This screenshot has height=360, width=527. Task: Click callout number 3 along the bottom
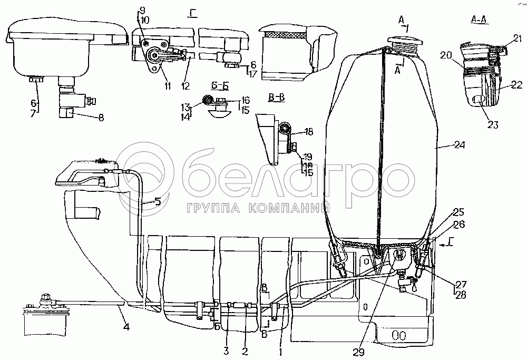click(227, 350)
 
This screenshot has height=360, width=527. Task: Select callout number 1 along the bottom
click(281, 350)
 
